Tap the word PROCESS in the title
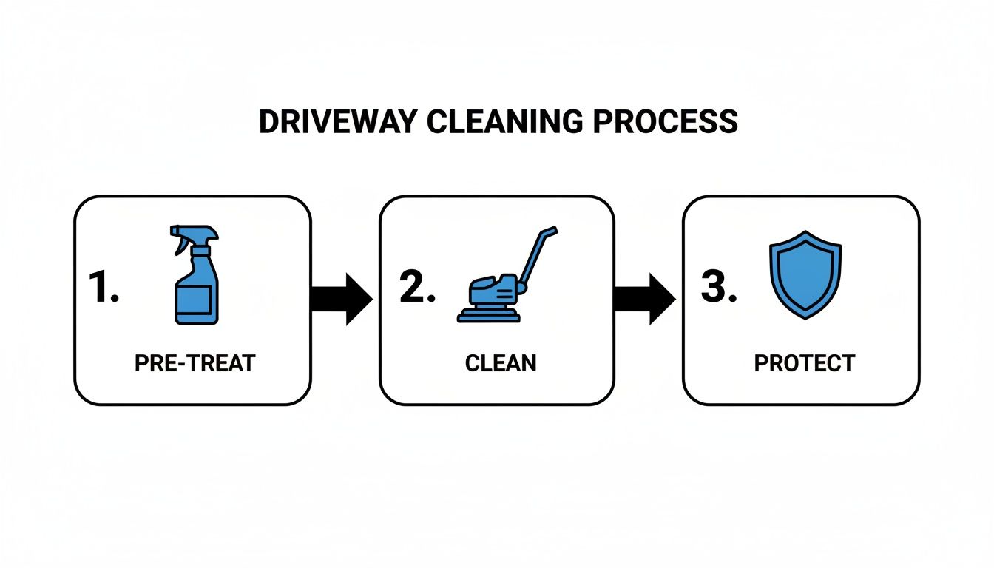(x=666, y=122)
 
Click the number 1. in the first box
(x=104, y=288)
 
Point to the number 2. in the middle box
(x=416, y=288)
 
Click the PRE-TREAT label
(x=195, y=363)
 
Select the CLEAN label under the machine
(x=501, y=363)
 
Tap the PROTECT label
(x=805, y=363)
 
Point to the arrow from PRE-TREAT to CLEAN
(x=341, y=300)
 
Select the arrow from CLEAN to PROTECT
(x=644, y=300)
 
